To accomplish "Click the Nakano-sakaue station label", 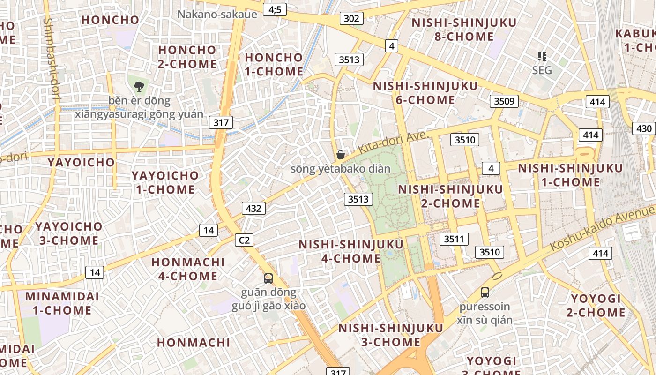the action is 217,14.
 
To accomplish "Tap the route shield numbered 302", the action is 351,18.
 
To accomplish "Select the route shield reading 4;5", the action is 275,9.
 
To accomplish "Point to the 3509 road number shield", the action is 504,101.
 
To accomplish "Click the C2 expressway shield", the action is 244,240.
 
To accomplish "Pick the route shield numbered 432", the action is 253,208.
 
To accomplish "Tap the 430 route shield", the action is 644,128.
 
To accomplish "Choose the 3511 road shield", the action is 454,239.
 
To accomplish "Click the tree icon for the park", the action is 139,86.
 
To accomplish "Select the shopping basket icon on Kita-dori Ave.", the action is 341,155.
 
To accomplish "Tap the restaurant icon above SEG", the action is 542,57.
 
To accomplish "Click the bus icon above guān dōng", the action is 268,278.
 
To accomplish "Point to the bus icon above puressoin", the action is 485,292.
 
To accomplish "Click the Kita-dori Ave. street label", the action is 394,142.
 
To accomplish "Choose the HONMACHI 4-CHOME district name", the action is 188,269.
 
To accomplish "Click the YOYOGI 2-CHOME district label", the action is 596,305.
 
